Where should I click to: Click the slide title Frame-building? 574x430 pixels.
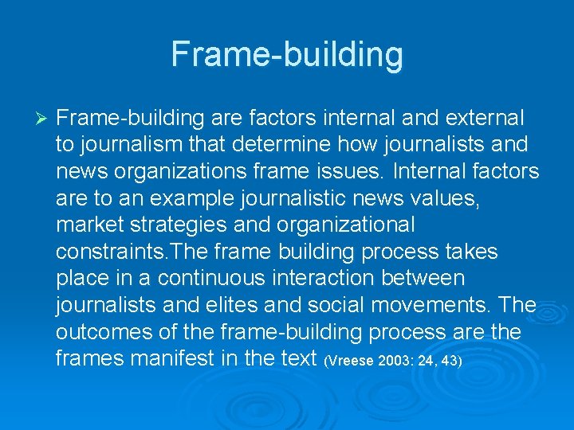point(287,54)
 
